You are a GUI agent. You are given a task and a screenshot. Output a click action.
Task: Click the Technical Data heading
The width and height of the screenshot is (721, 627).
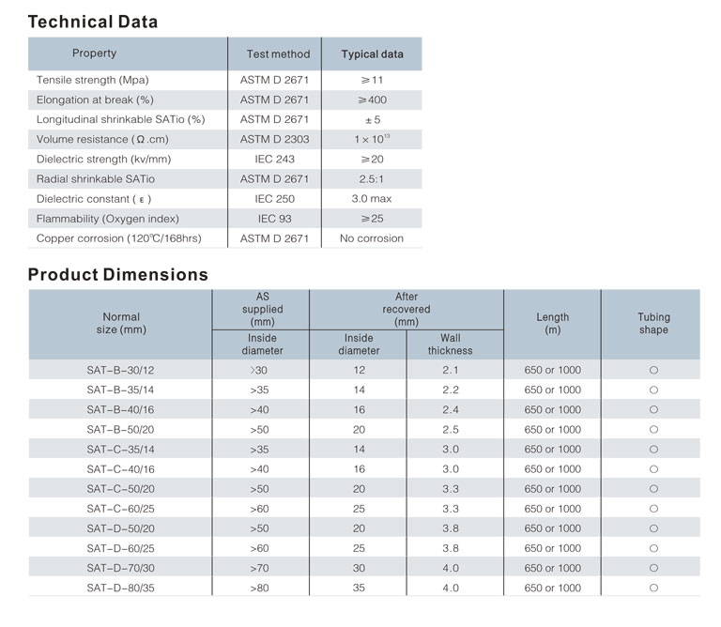coord(93,22)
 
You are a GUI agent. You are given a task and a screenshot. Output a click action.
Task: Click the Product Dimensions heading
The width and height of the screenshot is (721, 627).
coord(118,274)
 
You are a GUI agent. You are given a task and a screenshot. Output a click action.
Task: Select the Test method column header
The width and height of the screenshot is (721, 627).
coord(278,54)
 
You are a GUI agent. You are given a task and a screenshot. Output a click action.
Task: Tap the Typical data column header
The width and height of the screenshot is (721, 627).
coord(372,54)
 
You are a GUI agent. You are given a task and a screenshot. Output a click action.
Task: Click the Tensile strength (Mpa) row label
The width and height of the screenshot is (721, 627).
coord(92,80)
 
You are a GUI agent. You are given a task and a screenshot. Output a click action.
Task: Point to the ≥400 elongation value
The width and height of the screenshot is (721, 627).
coord(372,99)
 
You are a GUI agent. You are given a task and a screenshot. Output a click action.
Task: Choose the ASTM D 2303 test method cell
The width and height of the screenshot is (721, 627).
coord(274,139)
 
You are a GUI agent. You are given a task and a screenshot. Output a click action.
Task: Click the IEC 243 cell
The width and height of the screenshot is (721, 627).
coord(274,159)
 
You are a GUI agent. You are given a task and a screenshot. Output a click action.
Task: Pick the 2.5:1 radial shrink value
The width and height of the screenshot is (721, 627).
coord(372,179)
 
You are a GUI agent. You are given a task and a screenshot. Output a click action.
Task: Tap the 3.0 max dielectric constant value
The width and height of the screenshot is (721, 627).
coord(372,199)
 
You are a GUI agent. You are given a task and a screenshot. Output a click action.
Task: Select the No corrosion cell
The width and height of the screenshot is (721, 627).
coord(372,238)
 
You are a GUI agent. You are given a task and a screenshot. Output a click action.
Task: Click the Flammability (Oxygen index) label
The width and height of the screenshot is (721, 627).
coord(108,219)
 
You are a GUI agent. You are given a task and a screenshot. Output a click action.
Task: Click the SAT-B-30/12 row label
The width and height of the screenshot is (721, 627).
coord(120,370)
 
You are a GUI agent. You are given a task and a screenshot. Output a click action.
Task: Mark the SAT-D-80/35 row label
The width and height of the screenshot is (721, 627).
coord(120,588)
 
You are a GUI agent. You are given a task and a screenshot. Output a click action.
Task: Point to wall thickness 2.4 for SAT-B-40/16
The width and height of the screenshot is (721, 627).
coord(451,409)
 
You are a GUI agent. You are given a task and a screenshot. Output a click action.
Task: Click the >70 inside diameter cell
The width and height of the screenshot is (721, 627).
coord(259,568)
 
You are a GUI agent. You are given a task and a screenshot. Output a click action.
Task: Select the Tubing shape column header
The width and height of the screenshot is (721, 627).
coord(653,323)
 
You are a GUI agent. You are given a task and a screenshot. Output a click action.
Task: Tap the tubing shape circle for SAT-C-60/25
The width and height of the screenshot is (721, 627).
coord(653,509)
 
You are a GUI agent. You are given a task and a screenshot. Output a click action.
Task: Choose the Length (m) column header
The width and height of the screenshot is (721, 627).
coord(553,323)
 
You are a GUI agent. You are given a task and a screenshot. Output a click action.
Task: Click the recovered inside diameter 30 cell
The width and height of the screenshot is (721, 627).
coord(359,568)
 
